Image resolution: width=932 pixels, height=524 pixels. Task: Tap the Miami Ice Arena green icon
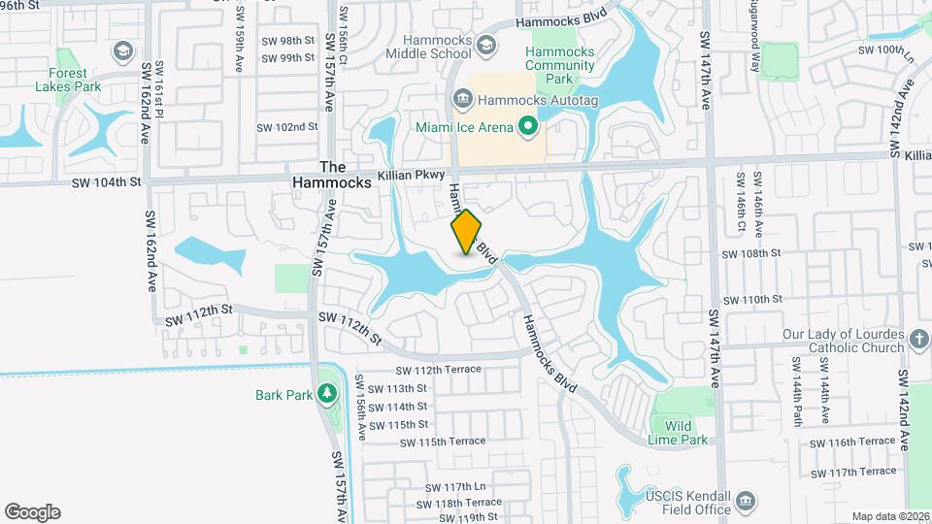pyautogui.click(x=528, y=126)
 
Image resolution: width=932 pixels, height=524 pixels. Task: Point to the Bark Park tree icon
pyautogui.click(x=328, y=393)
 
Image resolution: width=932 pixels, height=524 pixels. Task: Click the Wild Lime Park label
pyautogui.click(x=679, y=432)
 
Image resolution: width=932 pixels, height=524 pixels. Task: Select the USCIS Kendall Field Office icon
pyautogui.click(x=745, y=501)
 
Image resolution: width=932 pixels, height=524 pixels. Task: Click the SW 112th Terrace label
pyautogui.click(x=439, y=370)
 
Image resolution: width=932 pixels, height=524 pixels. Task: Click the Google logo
pyautogui.click(x=32, y=511)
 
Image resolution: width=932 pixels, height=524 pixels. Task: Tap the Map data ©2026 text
pyautogui.click(x=889, y=516)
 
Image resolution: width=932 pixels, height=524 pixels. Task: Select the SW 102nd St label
pyautogui.click(x=287, y=127)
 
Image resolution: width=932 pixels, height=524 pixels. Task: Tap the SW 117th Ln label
pyautogui.click(x=459, y=487)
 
